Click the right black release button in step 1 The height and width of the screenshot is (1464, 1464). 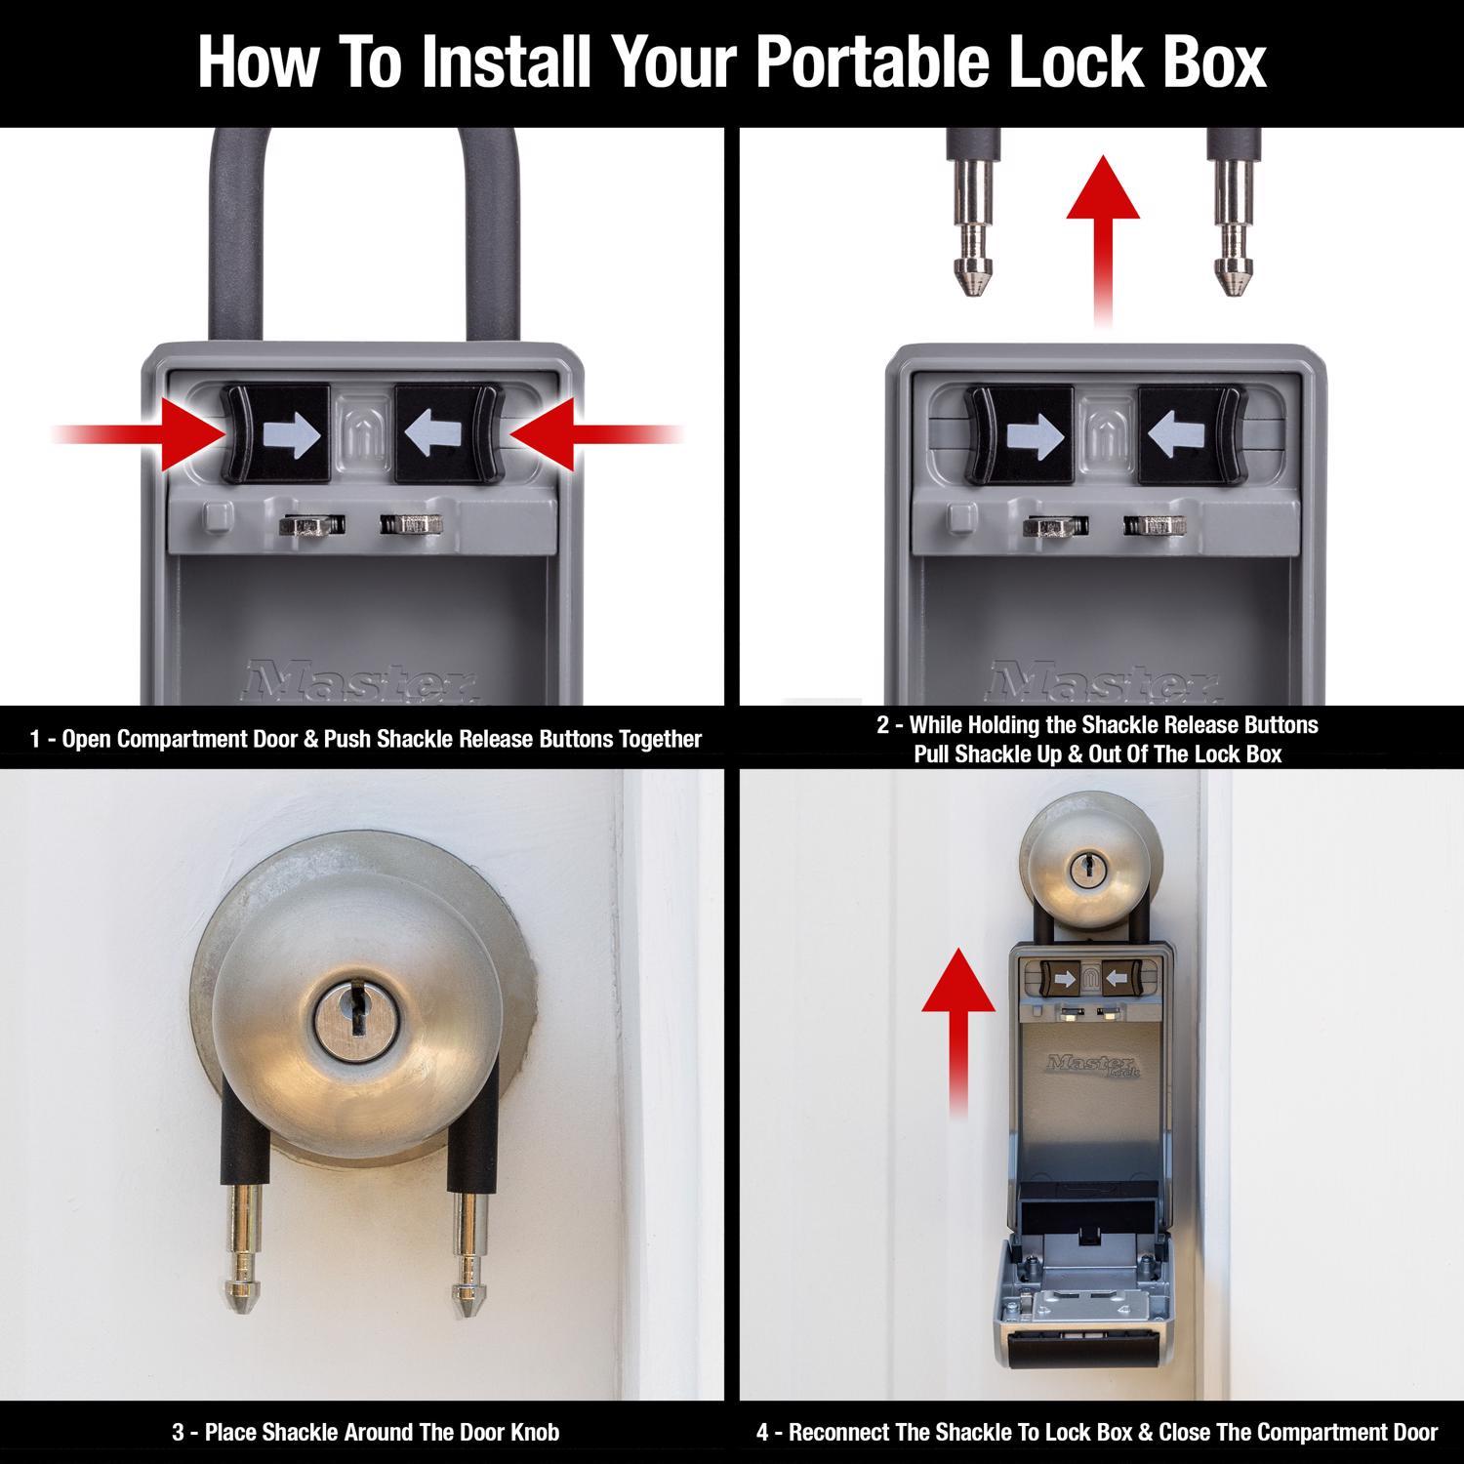(x=447, y=434)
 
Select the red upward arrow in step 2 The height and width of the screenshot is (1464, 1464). (x=1102, y=234)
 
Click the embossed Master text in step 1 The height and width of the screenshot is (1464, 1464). (x=361, y=680)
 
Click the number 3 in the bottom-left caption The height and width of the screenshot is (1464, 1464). (x=178, y=1433)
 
